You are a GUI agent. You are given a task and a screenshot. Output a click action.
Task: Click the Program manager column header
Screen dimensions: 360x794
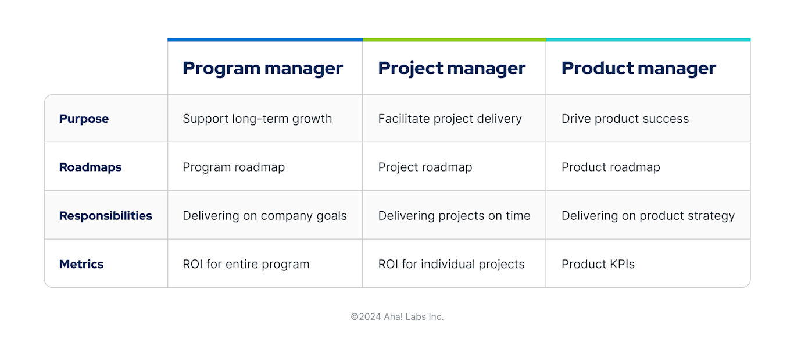coord(263,68)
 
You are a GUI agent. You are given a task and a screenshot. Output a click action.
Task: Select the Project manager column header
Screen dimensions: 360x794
coord(452,68)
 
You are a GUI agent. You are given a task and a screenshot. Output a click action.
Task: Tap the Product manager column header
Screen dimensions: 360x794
coord(638,68)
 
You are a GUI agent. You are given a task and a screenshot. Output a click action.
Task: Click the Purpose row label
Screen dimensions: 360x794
coord(84,119)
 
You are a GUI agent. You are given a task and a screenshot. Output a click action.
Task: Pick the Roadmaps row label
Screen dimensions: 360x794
coord(90,167)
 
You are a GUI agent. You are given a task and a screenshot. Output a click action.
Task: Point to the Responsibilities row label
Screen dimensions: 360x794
coord(105,216)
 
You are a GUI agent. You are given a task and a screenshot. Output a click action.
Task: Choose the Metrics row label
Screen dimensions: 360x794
coord(81,264)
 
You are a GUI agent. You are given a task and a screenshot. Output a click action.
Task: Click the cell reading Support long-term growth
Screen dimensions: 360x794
coord(257,119)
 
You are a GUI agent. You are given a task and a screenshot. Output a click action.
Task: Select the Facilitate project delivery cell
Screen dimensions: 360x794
coord(449,119)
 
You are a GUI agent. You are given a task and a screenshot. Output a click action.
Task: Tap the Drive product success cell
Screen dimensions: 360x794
coord(625,119)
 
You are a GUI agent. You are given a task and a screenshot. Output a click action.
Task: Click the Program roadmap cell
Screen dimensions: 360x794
coord(234,167)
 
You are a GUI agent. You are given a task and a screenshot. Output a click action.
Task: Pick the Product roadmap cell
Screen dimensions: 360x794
coord(610,167)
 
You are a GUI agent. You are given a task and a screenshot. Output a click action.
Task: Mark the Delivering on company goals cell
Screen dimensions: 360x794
coord(264,216)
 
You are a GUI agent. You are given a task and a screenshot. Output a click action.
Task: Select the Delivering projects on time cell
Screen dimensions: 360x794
coord(454,216)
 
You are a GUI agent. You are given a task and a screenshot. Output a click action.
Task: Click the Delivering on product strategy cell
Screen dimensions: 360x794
coord(648,216)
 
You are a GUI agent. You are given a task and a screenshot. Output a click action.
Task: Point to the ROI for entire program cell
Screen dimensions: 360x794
coord(246,264)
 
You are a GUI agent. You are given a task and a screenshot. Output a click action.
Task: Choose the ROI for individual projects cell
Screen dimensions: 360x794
coord(451,264)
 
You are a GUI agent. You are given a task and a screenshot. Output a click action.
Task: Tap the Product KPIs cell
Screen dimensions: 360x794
coord(598,264)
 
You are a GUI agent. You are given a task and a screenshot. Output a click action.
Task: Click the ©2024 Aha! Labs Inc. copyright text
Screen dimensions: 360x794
coord(397,317)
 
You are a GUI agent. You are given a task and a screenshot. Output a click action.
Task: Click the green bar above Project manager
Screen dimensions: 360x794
coord(454,40)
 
